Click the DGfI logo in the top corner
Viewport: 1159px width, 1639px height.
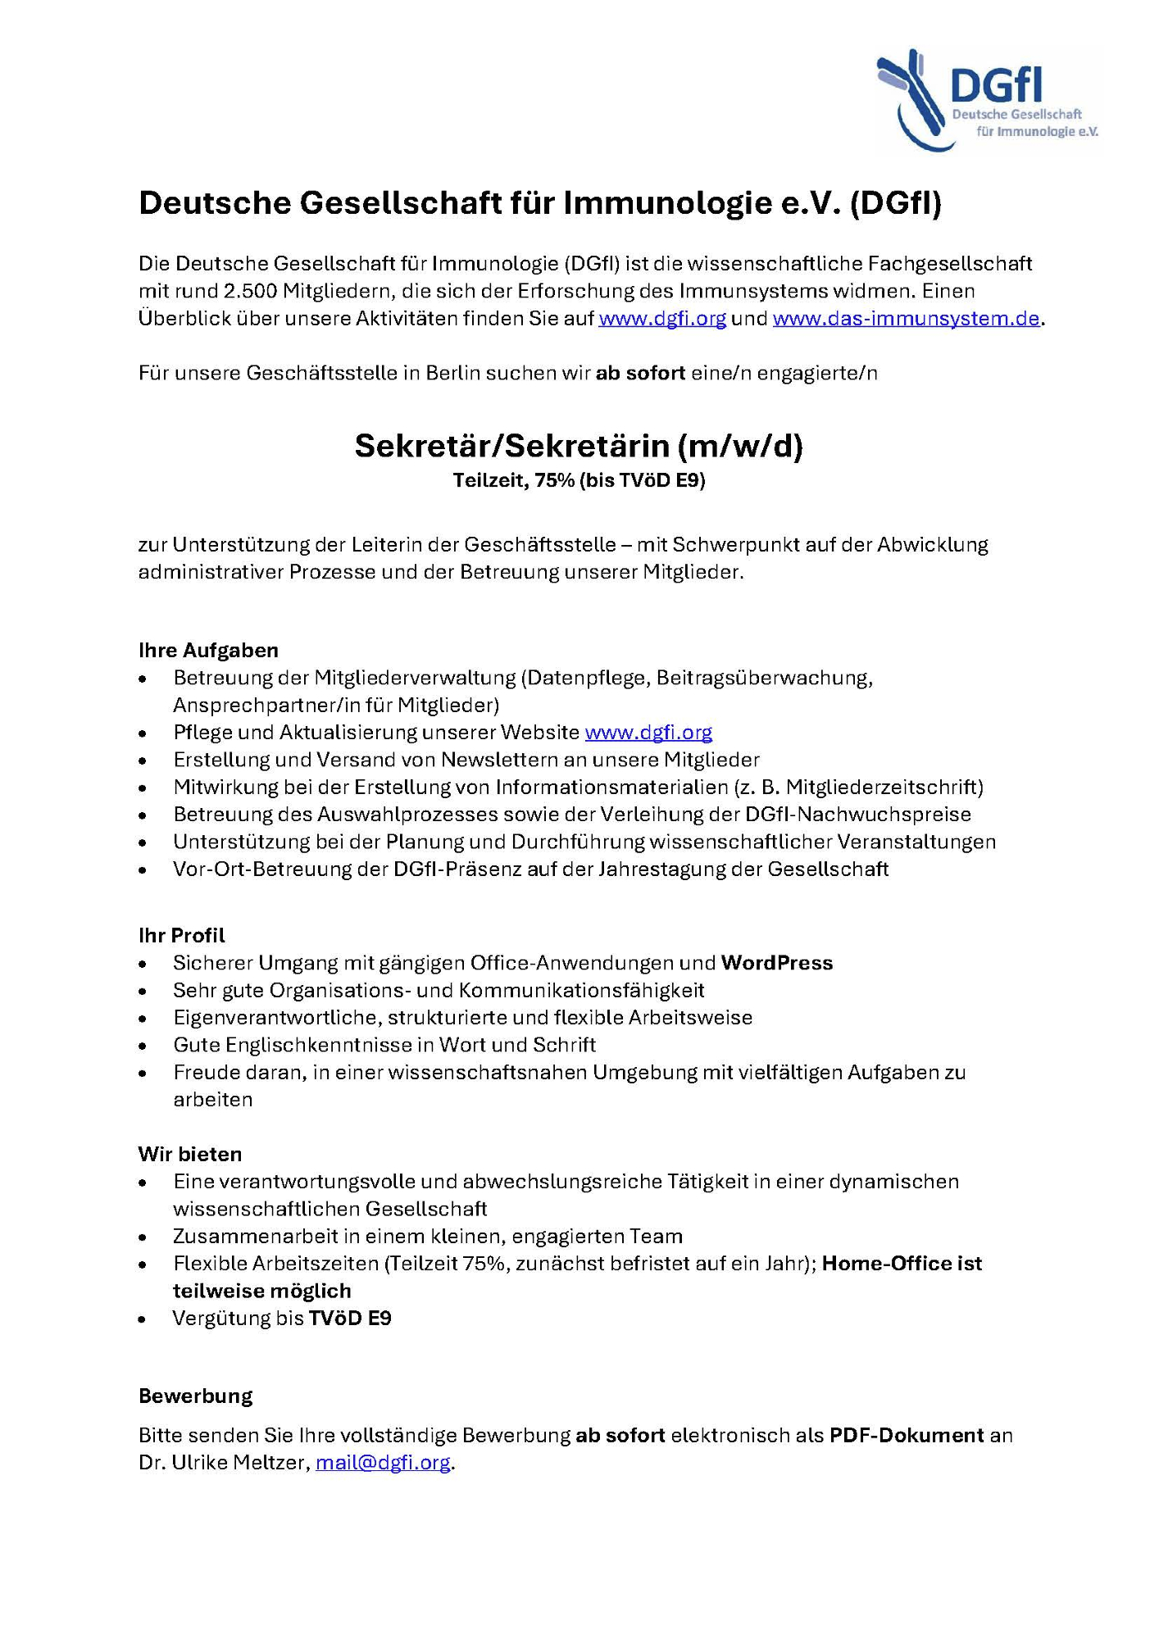(x=988, y=100)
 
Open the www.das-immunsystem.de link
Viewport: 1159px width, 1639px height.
(x=906, y=319)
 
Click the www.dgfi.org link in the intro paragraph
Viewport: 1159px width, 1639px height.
(x=662, y=319)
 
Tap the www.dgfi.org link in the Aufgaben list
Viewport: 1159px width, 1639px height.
(x=648, y=732)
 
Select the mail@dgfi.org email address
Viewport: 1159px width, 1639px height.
(x=383, y=1463)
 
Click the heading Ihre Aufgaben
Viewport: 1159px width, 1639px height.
(x=208, y=650)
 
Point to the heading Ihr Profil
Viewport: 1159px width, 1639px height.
(x=181, y=935)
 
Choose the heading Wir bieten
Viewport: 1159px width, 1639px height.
(x=190, y=1154)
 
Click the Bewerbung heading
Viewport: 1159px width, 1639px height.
(x=195, y=1396)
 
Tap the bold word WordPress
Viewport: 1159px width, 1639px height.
(x=776, y=963)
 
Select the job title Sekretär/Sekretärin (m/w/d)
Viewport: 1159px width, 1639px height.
(x=579, y=446)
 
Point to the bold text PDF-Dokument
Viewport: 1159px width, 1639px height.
(x=907, y=1435)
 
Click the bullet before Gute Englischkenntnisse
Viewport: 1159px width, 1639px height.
(x=143, y=1046)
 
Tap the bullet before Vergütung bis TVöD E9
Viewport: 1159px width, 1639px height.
(x=143, y=1319)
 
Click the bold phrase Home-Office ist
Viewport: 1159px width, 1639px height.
(x=902, y=1264)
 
